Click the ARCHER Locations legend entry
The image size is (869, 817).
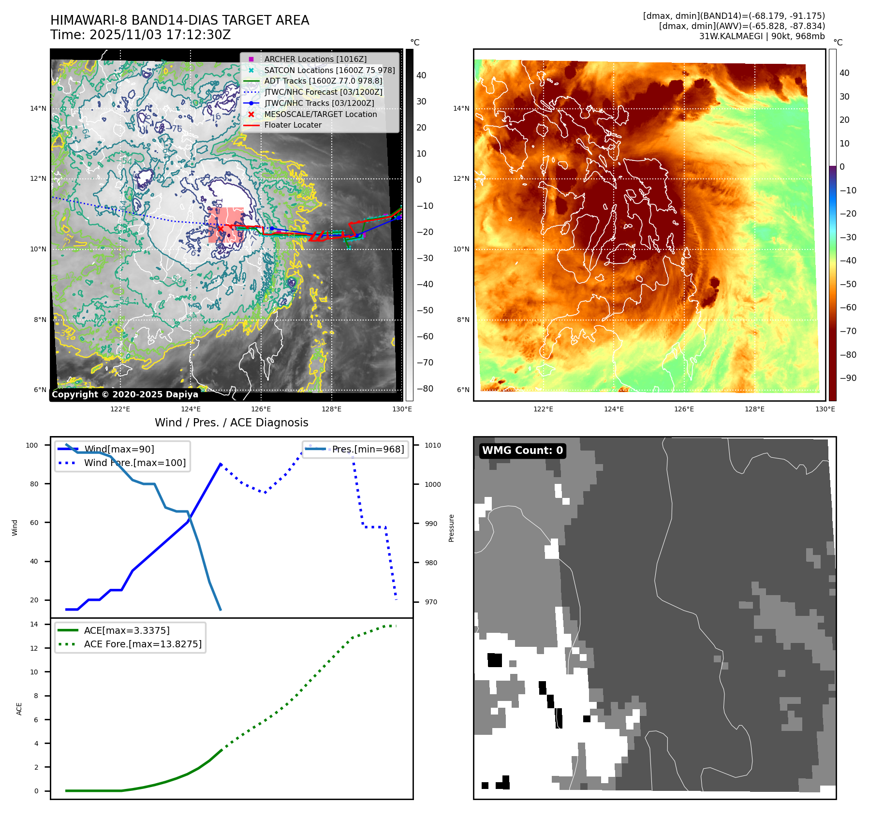pyautogui.click(x=315, y=59)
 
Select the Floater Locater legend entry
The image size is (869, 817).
pyautogui.click(x=293, y=125)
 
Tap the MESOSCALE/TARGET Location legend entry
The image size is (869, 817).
pyautogui.click(x=320, y=114)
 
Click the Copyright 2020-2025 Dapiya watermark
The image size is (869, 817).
pyautogui.click(x=125, y=394)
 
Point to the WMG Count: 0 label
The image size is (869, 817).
pyautogui.click(x=522, y=451)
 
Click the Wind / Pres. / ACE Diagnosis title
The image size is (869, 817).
pyautogui.click(x=231, y=423)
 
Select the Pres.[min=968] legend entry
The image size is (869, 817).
pyautogui.click(x=368, y=449)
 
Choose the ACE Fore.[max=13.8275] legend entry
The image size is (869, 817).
pyautogui.click(x=143, y=644)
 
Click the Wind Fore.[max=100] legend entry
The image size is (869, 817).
pyautogui.click(x=135, y=463)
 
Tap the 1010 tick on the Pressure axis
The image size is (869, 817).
pyautogui.click(x=433, y=445)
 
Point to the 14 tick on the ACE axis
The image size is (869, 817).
pyautogui.click(x=34, y=624)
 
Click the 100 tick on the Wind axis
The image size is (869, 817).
pyautogui.click(x=32, y=445)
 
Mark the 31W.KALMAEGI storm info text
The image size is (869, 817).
pyautogui.click(x=762, y=36)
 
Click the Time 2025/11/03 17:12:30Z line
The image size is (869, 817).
pyautogui.click(x=140, y=35)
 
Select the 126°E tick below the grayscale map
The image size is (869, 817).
pyautogui.click(x=261, y=409)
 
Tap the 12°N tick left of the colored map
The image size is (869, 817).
pyautogui.click(x=461, y=178)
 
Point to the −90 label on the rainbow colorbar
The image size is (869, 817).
pyautogui.click(x=848, y=378)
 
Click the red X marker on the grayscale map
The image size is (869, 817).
pyautogui.click(x=221, y=228)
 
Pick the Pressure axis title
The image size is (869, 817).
pyautogui.click(x=452, y=528)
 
